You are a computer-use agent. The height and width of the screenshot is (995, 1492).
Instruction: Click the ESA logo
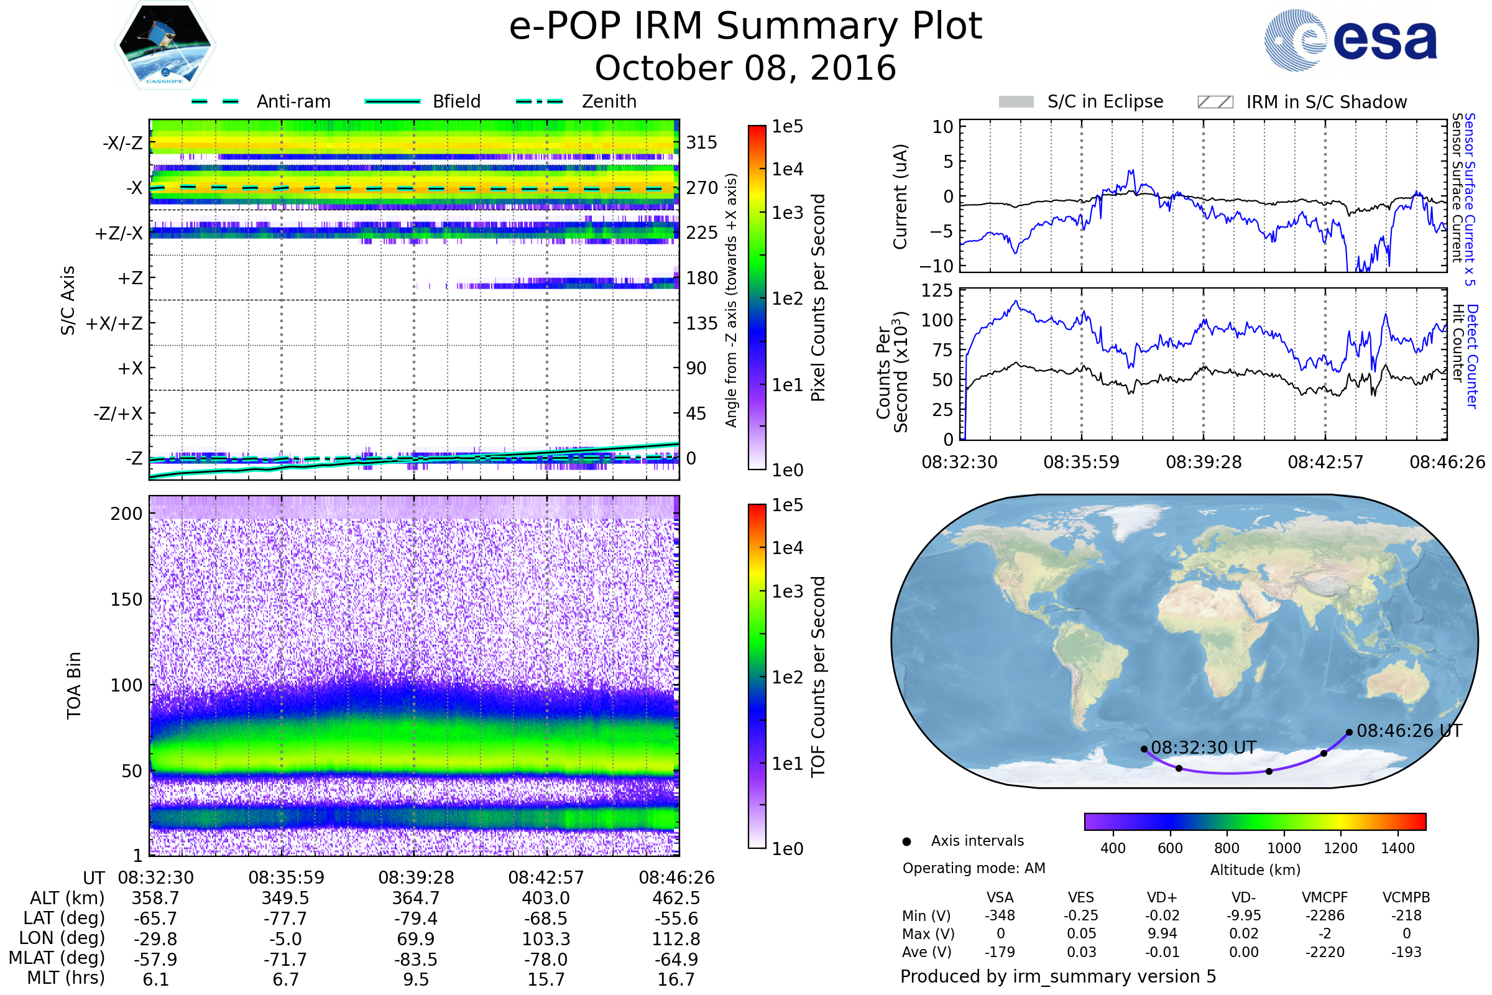(1350, 40)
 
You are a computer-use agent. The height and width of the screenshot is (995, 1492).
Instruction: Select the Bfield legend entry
(423, 101)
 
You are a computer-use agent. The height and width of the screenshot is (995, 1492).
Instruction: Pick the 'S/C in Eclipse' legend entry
(1081, 101)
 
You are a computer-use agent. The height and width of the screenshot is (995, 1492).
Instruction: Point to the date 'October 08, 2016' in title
(745, 68)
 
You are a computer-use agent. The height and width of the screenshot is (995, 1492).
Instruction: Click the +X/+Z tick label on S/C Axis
(114, 323)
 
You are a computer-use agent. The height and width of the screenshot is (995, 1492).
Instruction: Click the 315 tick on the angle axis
(702, 142)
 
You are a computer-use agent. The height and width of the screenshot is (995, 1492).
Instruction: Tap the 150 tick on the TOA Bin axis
(126, 599)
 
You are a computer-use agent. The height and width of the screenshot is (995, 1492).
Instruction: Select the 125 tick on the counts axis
(937, 290)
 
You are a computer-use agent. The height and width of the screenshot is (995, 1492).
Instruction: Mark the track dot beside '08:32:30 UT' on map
(1144, 749)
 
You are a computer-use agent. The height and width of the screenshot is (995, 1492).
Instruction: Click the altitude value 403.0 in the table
(546, 898)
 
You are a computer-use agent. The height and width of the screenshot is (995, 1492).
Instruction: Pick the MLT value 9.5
(416, 979)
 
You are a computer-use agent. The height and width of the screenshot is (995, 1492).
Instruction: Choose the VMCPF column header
(1325, 897)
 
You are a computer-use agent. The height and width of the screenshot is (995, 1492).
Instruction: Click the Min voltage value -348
(1000, 915)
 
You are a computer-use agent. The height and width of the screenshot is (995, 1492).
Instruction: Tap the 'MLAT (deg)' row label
(57, 958)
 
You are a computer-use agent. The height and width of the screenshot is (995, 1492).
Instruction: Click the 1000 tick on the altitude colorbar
(1284, 848)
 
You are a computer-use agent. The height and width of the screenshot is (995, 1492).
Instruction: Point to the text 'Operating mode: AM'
(974, 868)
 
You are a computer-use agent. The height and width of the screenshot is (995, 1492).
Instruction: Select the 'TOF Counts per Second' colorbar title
(818, 677)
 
